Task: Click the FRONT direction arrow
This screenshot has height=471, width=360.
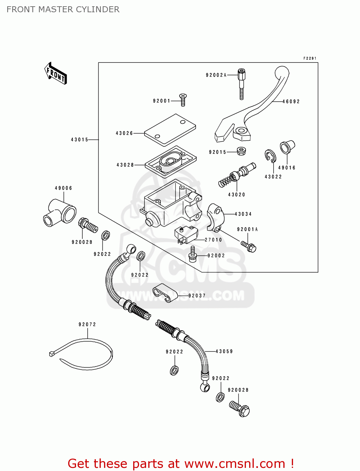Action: tap(56, 73)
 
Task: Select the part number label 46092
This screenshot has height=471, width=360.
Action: tap(291, 101)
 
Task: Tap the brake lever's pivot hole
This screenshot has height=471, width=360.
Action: tap(241, 130)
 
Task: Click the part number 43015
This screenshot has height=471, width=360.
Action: tap(79, 139)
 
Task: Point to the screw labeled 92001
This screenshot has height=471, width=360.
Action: tap(183, 99)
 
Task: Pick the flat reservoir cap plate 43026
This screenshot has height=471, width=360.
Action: tap(170, 130)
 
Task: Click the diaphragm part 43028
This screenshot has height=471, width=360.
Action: tap(171, 161)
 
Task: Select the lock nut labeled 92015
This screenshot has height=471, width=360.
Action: tap(241, 151)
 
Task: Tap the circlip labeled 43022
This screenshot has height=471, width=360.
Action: tap(270, 156)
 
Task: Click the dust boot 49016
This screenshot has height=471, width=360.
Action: tap(287, 147)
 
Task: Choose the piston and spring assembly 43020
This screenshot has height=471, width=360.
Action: tap(237, 176)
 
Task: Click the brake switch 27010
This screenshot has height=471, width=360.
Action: tap(186, 235)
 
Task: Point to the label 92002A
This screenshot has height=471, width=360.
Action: tap(216, 75)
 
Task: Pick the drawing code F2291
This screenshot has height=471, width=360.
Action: tap(310, 58)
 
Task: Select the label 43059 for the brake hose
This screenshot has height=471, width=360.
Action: tap(224, 351)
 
